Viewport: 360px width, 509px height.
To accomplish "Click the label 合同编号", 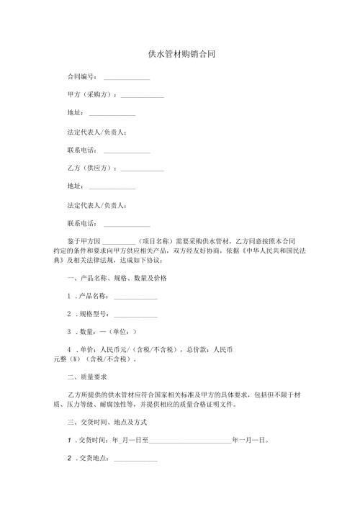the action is pyautogui.click(x=80, y=76).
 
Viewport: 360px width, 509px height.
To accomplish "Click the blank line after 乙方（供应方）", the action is pyautogui.click(x=142, y=170).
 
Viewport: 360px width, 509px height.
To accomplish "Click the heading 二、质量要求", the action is pyautogui.click(x=86, y=377).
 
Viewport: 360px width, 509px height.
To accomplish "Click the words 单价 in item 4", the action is pyautogui.click(x=88, y=349).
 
